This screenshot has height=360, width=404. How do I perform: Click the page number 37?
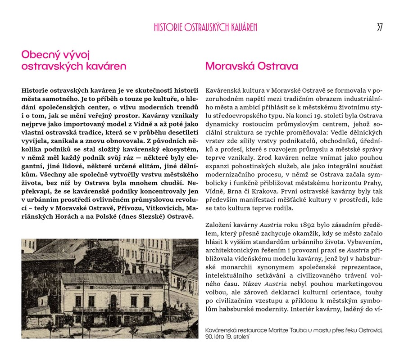pyautogui.click(x=379, y=27)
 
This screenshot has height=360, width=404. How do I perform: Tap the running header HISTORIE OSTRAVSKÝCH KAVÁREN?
pyautogui.click(x=205, y=27)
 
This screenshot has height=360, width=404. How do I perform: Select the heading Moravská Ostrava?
pyautogui.click(x=251, y=67)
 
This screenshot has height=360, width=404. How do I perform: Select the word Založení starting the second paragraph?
pyautogui.click(x=218, y=225)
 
